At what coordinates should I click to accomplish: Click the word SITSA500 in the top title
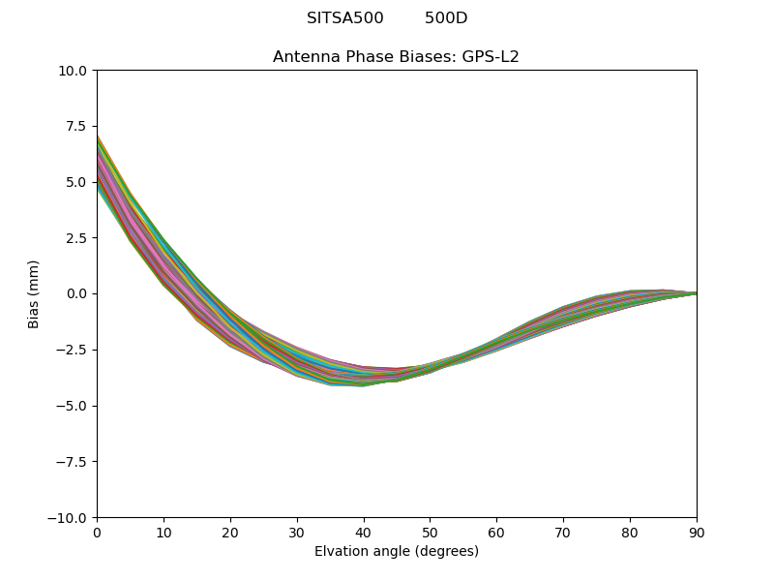pyautogui.click(x=344, y=18)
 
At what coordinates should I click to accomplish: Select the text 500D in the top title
pyautogui.click(x=446, y=18)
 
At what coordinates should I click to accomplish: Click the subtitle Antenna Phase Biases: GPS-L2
pyautogui.click(x=396, y=57)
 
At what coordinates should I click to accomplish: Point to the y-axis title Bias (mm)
pyautogui.click(x=34, y=293)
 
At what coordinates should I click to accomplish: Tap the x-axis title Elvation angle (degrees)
pyautogui.click(x=397, y=551)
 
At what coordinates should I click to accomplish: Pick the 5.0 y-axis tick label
pyautogui.click(x=76, y=182)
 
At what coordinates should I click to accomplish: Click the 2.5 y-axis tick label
pyautogui.click(x=76, y=238)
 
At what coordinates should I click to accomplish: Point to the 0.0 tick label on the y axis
pyautogui.click(x=76, y=293)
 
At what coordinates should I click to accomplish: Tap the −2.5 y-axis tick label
pyautogui.click(x=72, y=350)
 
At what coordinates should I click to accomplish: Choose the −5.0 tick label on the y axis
pyautogui.click(x=72, y=406)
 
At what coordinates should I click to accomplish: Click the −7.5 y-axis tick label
pyautogui.click(x=72, y=462)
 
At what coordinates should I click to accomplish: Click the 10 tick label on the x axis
pyautogui.click(x=164, y=533)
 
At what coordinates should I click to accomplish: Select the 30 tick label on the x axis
pyautogui.click(x=297, y=533)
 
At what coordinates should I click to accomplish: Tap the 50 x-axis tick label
pyautogui.click(x=430, y=533)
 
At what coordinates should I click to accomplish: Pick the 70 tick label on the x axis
pyautogui.click(x=563, y=533)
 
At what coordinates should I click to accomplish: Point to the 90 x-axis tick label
pyautogui.click(x=696, y=533)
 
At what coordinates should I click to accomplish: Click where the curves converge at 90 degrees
pyautogui.click(x=695, y=292)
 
